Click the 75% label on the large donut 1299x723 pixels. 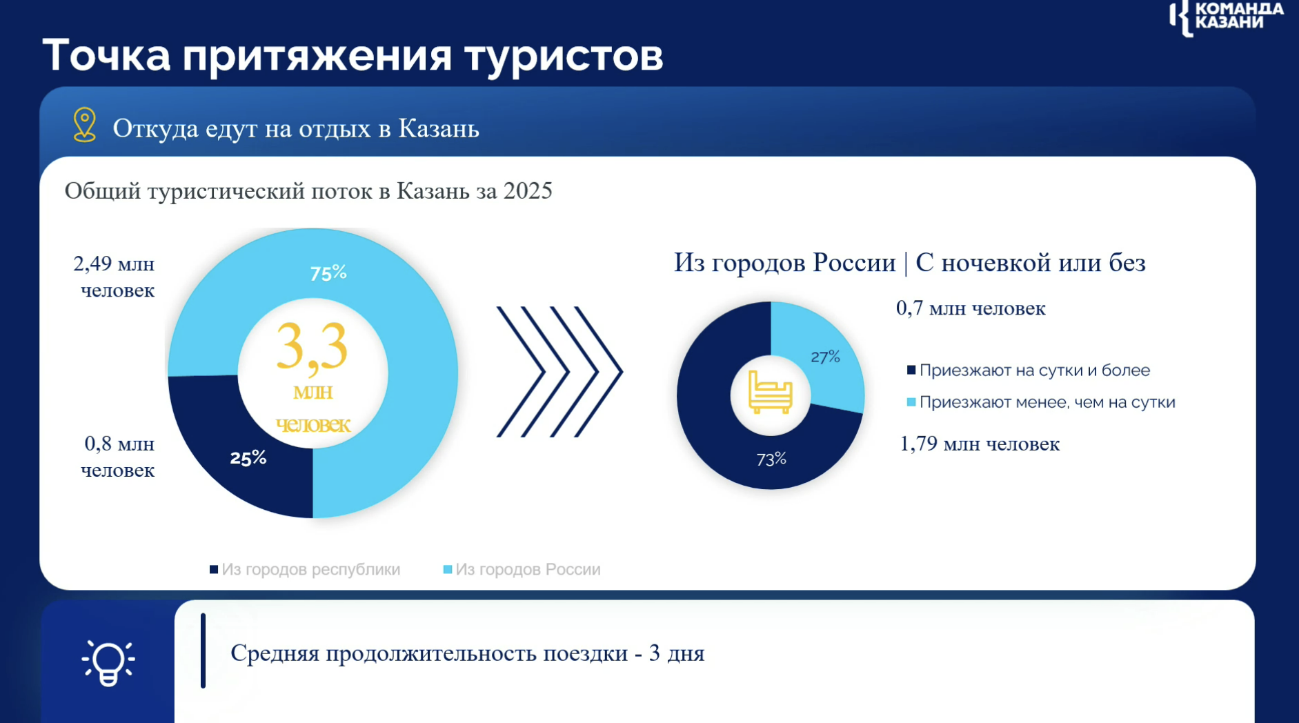click(x=328, y=274)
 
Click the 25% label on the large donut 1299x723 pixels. click(x=248, y=458)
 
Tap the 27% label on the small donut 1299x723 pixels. click(x=825, y=357)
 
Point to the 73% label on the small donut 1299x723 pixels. click(x=771, y=459)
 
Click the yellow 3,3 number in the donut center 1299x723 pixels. click(x=312, y=348)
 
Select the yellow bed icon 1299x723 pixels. click(x=771, y=393)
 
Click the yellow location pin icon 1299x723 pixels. click(x=85, y=125)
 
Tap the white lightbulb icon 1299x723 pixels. click(x=108, y=663)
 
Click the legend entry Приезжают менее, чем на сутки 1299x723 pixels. click(x=1040, y=402)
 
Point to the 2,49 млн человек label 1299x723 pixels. click(x=115, y=277)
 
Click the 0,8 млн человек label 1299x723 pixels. click(x=118, y=457)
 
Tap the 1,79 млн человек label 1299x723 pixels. click(x=980, y=444)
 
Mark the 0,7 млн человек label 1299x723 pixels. click(x=971, y=308)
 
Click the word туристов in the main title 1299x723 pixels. click(x=564, y=55)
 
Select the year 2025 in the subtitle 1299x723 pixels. click(x=528, y=191)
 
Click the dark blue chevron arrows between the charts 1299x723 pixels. click(x=559, y=372)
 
